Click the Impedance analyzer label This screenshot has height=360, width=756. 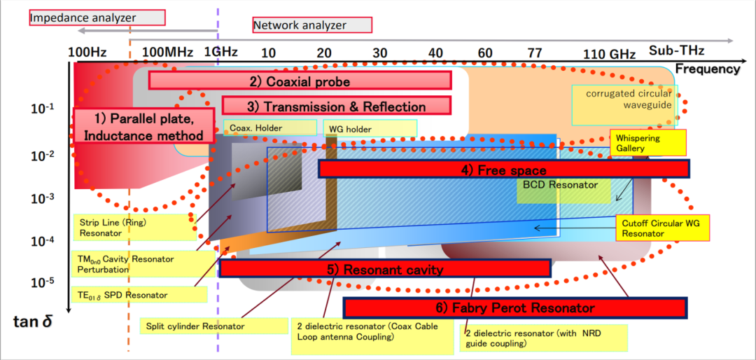[x=97, y=18]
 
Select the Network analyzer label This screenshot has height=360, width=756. [x=312, y=25]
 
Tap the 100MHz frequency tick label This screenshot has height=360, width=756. [x=168, y=52]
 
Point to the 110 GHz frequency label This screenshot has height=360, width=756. [x=610, y=54]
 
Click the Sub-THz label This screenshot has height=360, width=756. [x=670, y=50]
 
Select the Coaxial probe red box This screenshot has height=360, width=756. [x=300, y=81]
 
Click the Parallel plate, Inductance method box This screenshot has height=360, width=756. [x=143, y=125]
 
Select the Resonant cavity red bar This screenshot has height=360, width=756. [x=385, y=269]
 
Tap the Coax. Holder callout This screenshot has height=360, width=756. [x=270, y=128]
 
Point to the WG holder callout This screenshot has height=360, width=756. [x=370, y=128]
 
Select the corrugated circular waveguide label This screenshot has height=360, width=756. [x=625, y=105]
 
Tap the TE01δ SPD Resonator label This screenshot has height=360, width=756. [x=140, y=294]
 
